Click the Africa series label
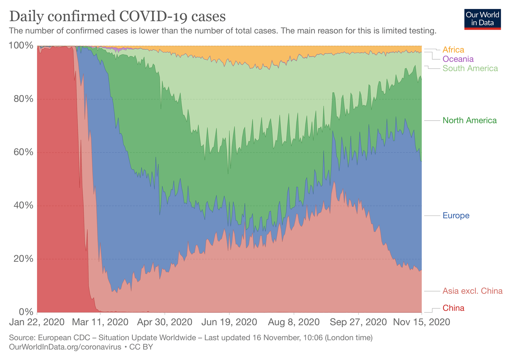coord(453,50)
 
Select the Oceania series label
coord(458,59)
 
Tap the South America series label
coord(470,68)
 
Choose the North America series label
coord(469,120)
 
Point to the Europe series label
coord(456,216)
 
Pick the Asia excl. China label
coord(472,291)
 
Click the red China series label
coord(453,308)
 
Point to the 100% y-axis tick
coord(21,46)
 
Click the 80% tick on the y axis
coord(23,99)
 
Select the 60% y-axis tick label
coord(23,152)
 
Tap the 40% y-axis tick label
coord(23,205)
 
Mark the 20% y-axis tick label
coord(23,259)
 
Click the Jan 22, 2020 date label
coord(37,322)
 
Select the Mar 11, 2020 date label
coord(100,322)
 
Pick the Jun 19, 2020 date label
coord(229,322)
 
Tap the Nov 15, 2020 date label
coord(421,322)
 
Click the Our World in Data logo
coord(482,19)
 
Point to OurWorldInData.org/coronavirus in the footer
coord(65,347)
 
